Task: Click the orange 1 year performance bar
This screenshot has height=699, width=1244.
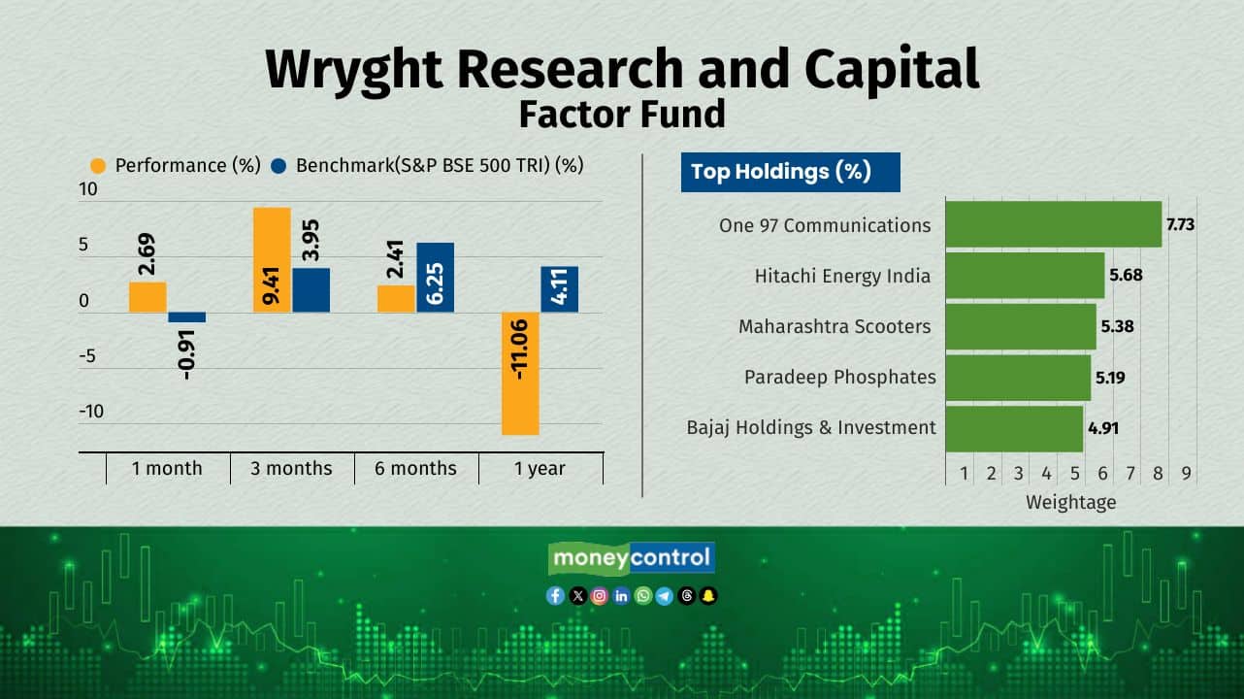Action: pos(520,374)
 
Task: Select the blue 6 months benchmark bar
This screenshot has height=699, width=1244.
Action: pos(436,278)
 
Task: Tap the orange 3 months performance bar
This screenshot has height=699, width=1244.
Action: pos(272,260)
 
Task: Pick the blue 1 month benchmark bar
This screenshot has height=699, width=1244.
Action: pos(187,317)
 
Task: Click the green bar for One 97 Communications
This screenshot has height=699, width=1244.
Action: pos(1054,224)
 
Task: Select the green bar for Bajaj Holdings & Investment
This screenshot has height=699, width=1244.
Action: pos(1014,428)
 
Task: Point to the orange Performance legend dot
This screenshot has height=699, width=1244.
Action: pos(98,166)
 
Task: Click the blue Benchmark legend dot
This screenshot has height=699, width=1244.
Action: pos(278,166)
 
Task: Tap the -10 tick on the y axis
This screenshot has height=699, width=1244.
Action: pos(91,412)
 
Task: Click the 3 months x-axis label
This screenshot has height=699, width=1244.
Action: pos(291,468)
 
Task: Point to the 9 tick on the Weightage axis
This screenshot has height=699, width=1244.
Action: pos(1186,474)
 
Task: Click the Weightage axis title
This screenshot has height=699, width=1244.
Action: pos(1070,502)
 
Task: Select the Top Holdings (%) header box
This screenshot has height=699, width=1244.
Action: pos(790,172)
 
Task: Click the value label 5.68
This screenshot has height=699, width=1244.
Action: pos(1126,275)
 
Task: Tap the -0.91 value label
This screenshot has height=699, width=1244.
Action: pos(186,354)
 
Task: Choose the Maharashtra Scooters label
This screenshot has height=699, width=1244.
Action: pos(835,327)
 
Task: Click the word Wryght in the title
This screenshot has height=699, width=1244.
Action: pos(354,70)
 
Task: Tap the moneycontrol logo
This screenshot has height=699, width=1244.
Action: pos(632,558)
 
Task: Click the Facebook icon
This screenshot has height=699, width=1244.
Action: pos(555,596)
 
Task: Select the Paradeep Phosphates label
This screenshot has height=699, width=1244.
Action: pos(839,378)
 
